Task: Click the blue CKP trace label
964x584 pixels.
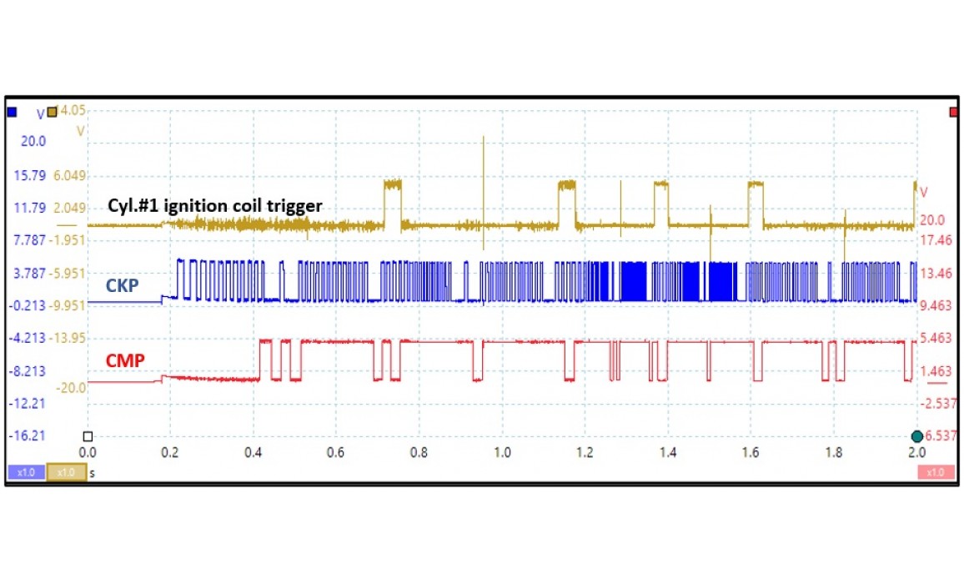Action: tap(122, 286)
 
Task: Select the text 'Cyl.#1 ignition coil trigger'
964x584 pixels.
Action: tap(215, 205)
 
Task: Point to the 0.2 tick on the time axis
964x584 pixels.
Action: tap(170, 451)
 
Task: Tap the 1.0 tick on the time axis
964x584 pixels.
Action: tap(502, 451)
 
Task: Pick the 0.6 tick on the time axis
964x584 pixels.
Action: tap(336, 451)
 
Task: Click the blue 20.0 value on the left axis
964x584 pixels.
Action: tap(33, 142)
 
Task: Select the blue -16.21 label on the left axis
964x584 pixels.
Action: tap(28, 435)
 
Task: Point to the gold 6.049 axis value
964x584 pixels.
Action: tap(68, 175)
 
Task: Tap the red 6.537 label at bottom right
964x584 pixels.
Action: tap(941, 435)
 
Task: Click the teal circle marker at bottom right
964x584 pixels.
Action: tap(917, 436)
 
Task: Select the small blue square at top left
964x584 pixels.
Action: tap(12, 112)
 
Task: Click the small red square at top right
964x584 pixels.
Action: tap(953, 112)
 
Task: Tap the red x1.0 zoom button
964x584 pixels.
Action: tap(935, 472)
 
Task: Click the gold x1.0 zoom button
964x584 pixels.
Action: tap(66, 472)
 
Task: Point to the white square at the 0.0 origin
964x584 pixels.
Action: tap(88, 435)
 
